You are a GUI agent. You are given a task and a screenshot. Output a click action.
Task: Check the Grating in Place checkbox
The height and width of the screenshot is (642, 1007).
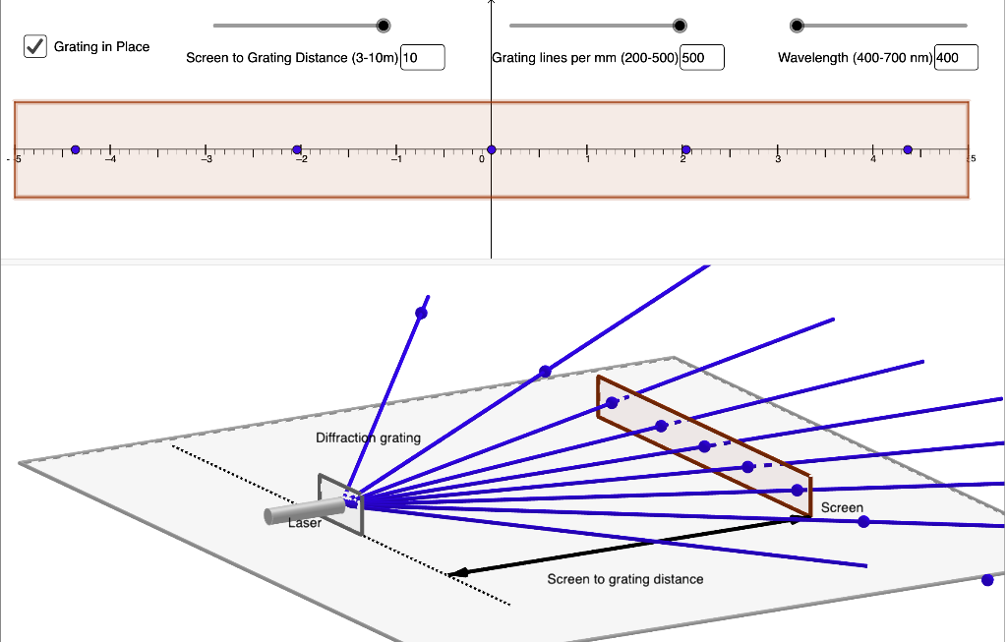[35, 46]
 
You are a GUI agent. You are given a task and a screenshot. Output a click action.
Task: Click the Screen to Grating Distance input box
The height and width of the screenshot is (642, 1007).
[423, 57]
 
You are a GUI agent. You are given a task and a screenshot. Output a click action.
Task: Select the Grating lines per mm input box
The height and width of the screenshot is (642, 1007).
[702, 57]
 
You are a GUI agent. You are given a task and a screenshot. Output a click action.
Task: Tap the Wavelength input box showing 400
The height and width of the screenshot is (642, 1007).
[956, 57]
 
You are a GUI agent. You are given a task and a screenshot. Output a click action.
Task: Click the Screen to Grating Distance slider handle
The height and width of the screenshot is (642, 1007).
[384, 26]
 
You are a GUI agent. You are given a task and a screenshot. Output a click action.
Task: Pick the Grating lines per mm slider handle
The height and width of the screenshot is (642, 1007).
[680, 26]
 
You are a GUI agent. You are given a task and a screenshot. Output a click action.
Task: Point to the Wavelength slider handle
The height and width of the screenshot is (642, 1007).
[797, 26]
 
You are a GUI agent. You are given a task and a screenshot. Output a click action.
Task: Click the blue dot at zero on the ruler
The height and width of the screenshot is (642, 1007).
[491, 149]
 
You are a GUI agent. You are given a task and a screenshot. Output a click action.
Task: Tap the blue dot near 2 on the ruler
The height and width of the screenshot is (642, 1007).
[685, 149]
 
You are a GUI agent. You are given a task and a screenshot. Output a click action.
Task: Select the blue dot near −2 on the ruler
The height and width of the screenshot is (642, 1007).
[297, 149]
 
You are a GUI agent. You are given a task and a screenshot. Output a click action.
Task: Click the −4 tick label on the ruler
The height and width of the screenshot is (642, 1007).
[111, 159]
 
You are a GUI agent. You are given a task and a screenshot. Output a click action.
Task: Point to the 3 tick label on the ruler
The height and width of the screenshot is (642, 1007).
[778, 159]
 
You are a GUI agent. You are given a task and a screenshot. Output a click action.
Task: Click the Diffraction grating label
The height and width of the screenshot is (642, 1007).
[368, 438]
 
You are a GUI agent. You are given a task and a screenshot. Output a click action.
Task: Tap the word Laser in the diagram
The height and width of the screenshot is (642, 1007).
[305, 523]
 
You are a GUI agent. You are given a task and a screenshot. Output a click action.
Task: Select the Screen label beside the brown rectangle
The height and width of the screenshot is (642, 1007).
[842, 508]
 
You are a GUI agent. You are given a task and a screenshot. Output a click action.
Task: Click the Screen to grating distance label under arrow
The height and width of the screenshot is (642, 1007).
[625, 579]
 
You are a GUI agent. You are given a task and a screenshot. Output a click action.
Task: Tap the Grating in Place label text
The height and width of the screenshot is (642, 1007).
[101, 46]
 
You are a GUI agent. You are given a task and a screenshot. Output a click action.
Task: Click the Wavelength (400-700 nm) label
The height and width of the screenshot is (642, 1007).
[855, 58]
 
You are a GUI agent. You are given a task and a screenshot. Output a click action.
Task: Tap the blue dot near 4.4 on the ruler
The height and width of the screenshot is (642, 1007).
[908, 149]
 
